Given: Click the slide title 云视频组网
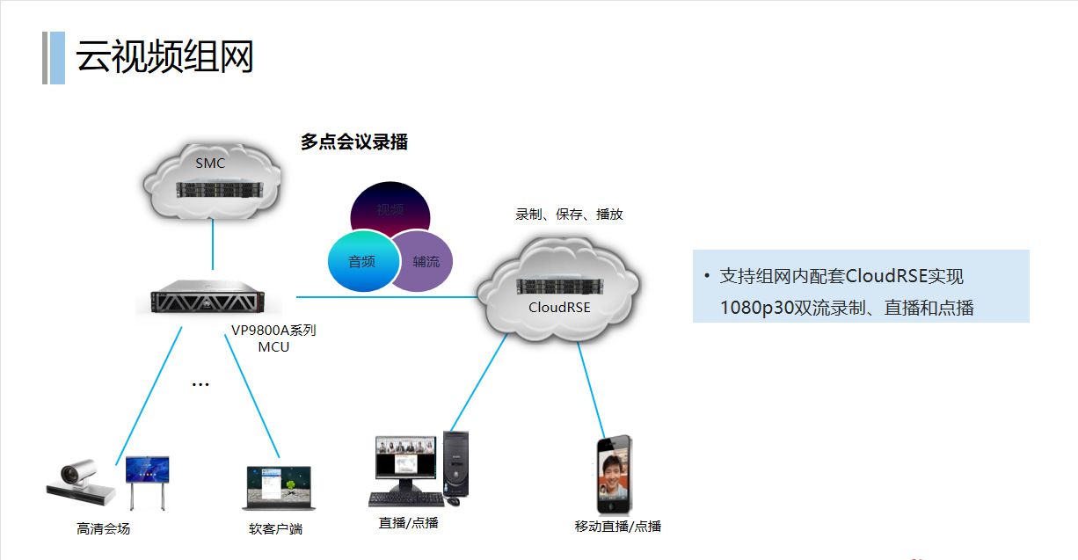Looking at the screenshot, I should [164, 57].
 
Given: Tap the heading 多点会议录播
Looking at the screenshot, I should [354, 142].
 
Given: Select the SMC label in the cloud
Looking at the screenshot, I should [210, 163].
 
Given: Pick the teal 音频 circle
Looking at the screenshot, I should [361, 261].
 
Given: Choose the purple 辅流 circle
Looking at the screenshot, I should [426, 261].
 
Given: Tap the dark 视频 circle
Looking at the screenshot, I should [390, 209].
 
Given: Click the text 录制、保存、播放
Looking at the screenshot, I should [569, 214].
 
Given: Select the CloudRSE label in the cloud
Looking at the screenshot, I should [559, 307].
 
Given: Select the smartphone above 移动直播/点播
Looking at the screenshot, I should [614, 475].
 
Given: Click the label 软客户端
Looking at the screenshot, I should [276, 529].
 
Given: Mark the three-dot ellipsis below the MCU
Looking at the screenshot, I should [200, 385].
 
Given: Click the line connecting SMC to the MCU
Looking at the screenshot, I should [213, 244].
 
